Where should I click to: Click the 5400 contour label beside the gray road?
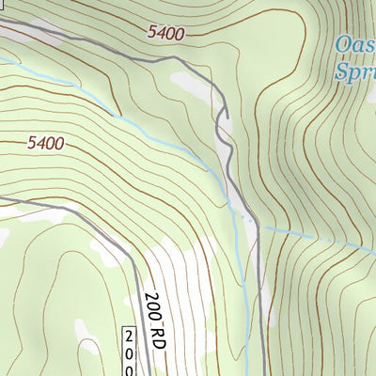[x=165, y=33]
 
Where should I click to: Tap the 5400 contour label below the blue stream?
[x=45, y=144]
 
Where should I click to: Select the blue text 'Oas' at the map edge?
[x=356, y=45]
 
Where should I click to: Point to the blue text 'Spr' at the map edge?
[x=356, y=70]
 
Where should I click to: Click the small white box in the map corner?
[x=5, y=5]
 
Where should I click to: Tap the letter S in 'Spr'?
[x=344, y=70]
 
